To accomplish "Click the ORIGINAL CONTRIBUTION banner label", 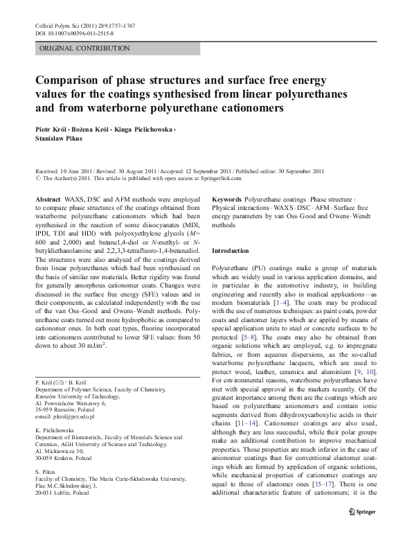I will tap(84, 48).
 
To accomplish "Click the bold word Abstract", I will tap(46, 200).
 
